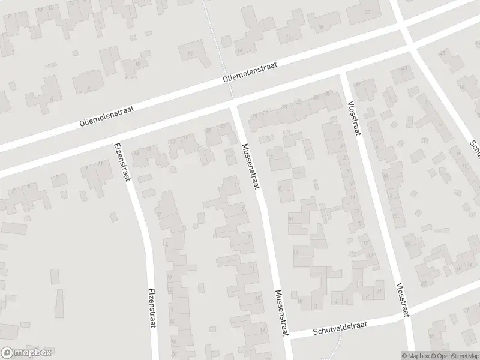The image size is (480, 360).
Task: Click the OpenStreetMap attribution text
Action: [455, 355]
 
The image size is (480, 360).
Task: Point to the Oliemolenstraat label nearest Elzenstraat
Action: [106, 114]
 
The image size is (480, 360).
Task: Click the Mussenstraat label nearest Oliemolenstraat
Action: [251, 167]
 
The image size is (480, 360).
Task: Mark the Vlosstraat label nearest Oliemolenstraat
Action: [354, 118]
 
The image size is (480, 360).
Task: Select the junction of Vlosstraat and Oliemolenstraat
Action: [343, 75]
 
